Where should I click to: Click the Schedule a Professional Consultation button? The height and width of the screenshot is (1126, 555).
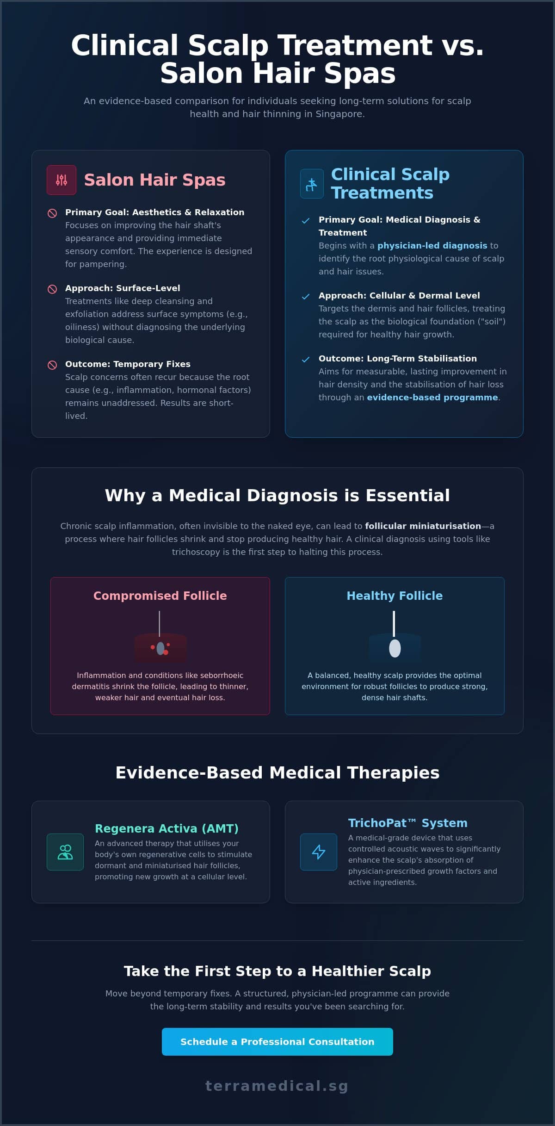pos(277,1041)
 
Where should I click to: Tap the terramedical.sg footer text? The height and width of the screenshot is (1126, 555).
pos(277,1086)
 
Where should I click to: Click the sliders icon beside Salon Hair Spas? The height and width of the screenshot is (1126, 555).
pos(62,180)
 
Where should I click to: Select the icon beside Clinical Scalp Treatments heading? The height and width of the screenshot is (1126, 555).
pos(312,184)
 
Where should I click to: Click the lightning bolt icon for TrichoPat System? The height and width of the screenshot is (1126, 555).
pos(319,852)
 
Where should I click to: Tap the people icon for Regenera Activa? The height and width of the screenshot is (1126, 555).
pos(65,852)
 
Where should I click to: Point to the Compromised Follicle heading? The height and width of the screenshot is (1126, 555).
pos(160,596)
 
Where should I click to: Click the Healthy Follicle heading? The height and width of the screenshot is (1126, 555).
pos(395,596)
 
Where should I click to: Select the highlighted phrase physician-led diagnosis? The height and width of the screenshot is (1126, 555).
pos(432,245)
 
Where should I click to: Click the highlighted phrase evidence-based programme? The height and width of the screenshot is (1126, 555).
pos(432,397)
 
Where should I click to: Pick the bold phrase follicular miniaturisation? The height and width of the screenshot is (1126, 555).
pos(423,526)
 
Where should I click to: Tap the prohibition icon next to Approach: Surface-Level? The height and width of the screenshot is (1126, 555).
pos(52,289)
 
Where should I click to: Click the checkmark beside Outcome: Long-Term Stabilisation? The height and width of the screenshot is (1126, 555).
pos(306,359)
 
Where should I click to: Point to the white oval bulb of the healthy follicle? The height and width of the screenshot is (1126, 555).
pos(395,648)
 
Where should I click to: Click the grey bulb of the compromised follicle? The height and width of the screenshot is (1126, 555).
pos(160,648)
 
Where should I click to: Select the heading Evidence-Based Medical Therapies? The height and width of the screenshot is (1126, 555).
pos(277,772)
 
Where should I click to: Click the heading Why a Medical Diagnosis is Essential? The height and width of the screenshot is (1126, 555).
pos(277,495)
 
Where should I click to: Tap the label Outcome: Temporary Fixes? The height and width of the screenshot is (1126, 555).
pos(128,364)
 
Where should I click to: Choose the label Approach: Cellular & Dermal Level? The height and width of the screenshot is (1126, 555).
pos(399,295)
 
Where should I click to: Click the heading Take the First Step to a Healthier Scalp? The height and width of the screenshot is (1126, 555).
pos(277,970)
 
